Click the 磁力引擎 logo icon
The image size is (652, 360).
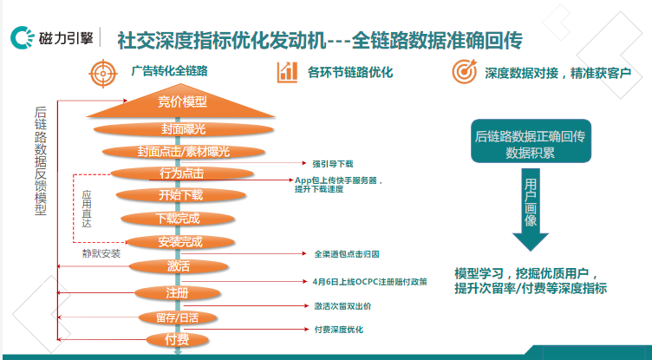click(x=22, y=39)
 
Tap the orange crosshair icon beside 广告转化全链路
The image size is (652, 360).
click(x=103, y=73)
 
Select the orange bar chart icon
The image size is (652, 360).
click(x=287, y=73)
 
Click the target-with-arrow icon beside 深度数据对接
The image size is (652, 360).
click(x=465, y=73)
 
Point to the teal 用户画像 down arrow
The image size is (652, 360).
click(x=531, y=208)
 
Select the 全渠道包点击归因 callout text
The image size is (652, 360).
click(x=346, y=254)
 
